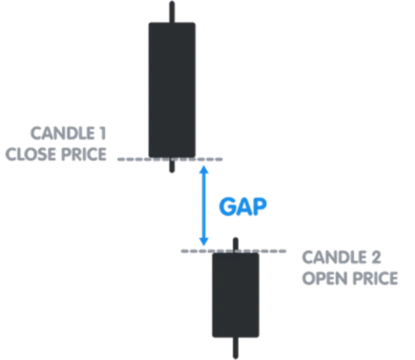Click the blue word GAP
click(x=243, y=207)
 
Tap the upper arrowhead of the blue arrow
click(x=203, y=170)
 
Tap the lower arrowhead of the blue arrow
click(x=203, y=241)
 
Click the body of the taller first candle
click(x=172, y=90)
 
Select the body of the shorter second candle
click(x=236, y=295)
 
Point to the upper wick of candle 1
click(x=172, y=12)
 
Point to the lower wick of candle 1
click(x=172, y=165)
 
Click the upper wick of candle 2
click(x=236, y=246)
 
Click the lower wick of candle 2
click(x=236, y=348)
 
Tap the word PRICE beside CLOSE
click(x=83, y=154)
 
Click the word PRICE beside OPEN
click(x=375, y=278)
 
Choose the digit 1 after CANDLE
click(x=102, y=133)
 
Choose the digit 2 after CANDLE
click(x=376, y=257)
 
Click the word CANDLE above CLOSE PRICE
click(x=63, y=133)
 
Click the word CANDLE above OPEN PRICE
click(x=334, y=257)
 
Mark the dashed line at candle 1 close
click(x=170, y=159)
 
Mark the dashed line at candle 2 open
click(x=234, y=251)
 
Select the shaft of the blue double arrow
click(x=203, y=205)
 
